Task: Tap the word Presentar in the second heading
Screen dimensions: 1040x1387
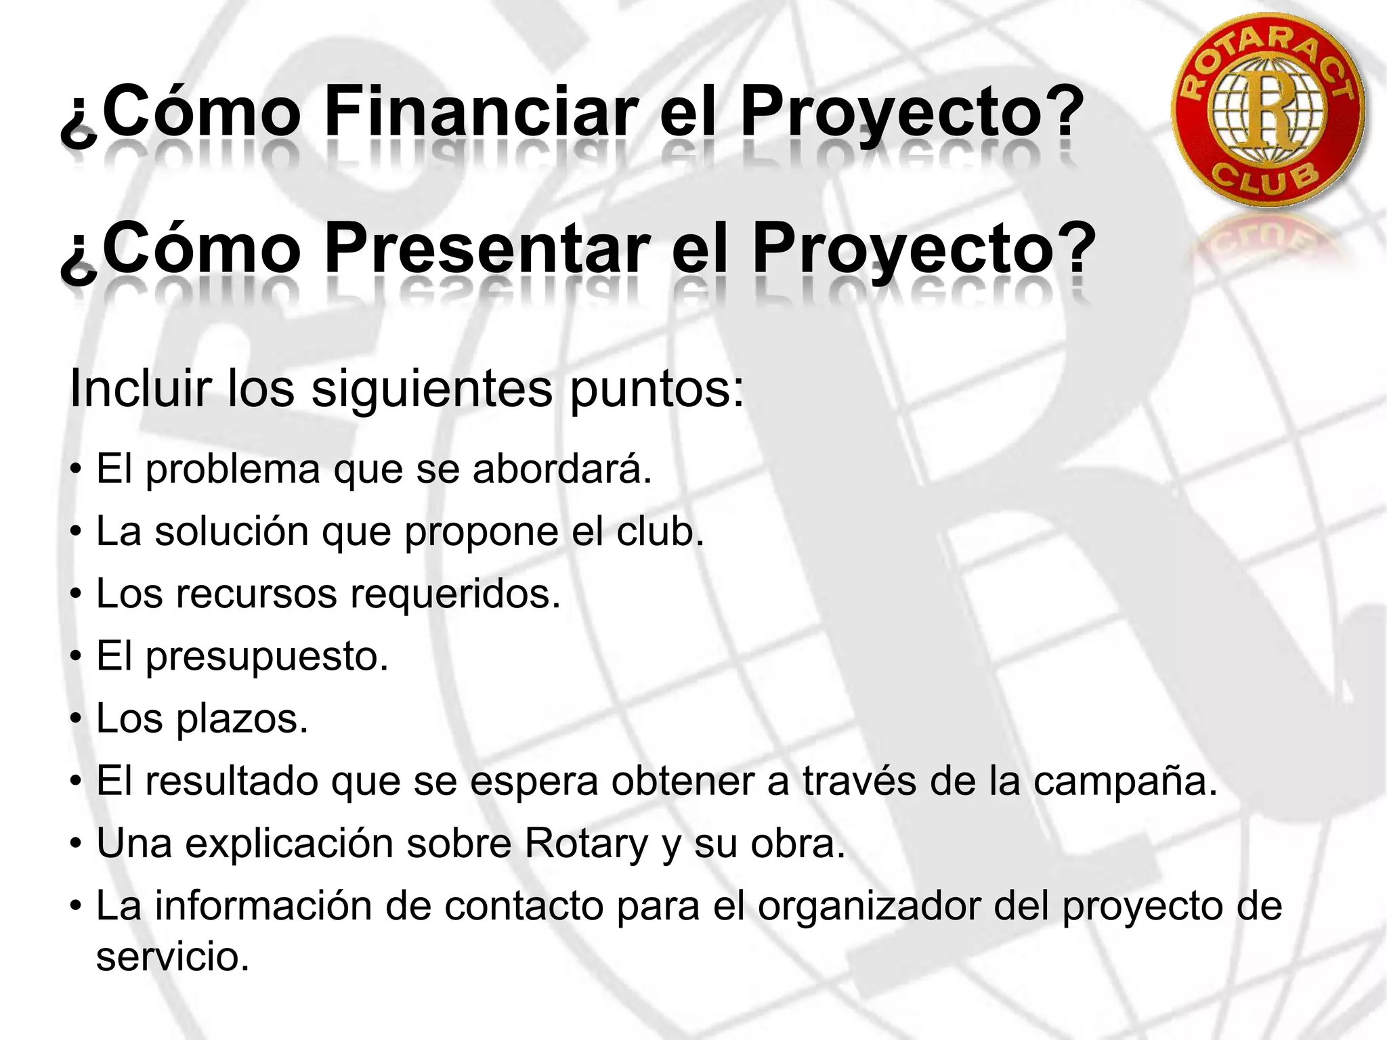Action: pyautogui.click(x=487, y=249)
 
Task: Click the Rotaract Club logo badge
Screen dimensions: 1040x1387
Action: pyautogui.click(x=1268, y=110)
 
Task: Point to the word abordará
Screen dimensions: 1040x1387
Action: pyautogui.click(x=561, y=469)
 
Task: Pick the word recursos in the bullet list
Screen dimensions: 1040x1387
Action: pyautogui.click(x=256, y=594)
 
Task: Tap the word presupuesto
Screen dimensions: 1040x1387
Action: pyautogui.click(x=267, y=657)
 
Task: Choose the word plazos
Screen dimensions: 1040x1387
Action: pyautogui.click(x=242, y=718)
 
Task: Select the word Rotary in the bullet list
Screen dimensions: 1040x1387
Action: pyautogui.click(x=586, y=844)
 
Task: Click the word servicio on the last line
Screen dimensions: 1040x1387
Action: pyautogui.click(x=173, y=957)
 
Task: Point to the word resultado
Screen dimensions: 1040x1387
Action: pyautogui.click(x=231, y=781)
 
